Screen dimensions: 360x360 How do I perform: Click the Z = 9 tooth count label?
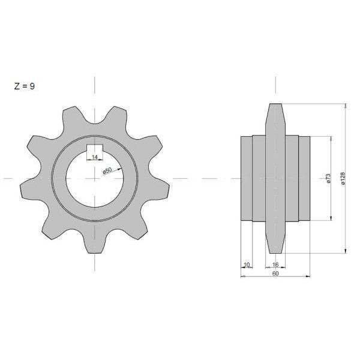[25, 86]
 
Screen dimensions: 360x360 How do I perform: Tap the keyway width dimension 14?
[95, 157]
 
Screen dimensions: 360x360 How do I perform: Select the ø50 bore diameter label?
[107, 171]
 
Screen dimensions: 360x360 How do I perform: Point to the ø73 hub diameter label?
[328, 178]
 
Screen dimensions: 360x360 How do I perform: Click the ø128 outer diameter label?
[343, 178]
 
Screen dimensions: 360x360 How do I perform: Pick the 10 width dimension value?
[247, 265]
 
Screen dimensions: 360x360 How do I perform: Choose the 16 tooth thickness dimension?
[275, 265]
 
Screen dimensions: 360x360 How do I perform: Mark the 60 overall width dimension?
[275, 274]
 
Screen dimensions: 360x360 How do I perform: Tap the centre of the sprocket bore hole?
[95, 178]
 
